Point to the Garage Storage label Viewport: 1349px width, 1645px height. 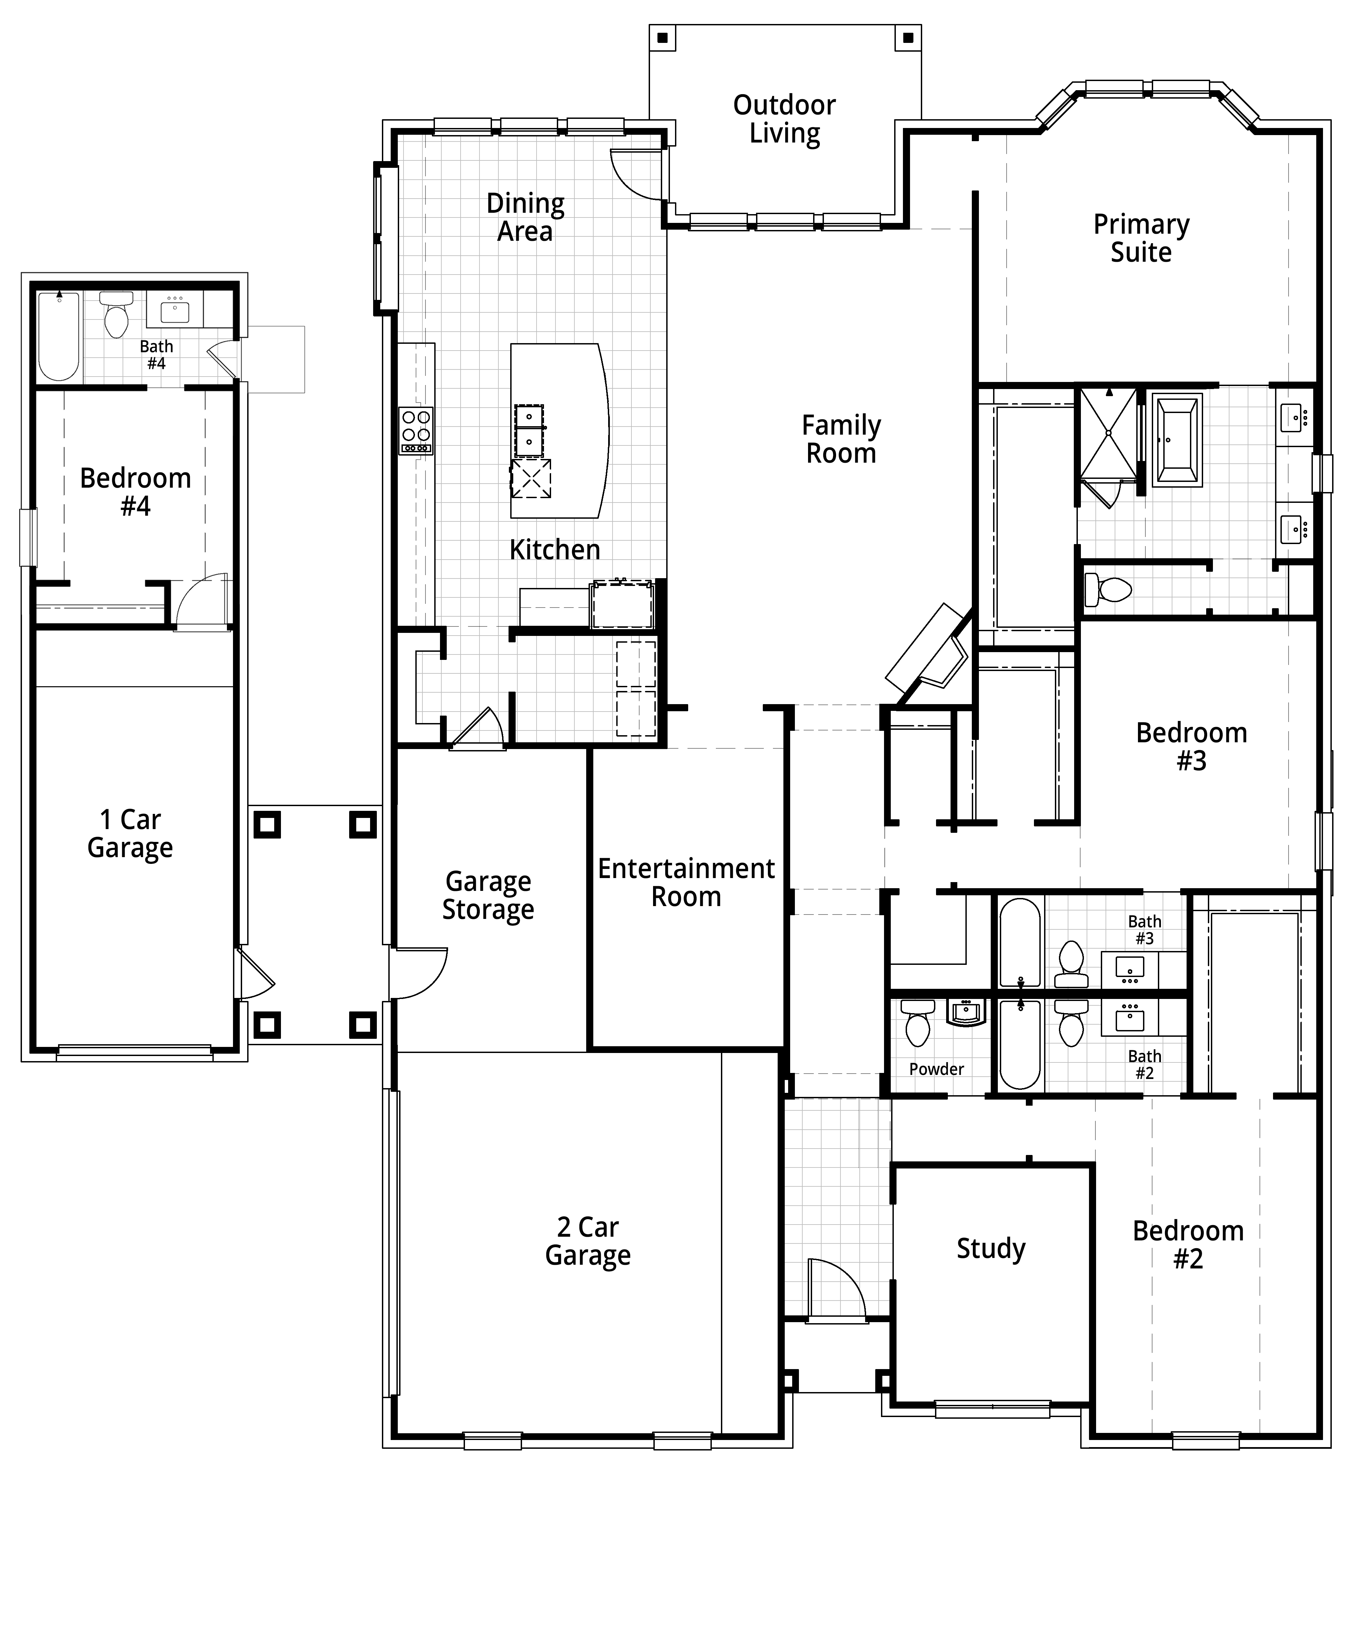click(x=488, y=895)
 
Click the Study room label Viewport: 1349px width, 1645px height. click(x=991, y=1248)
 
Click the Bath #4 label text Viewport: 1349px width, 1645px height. click(x=156, y=354)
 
